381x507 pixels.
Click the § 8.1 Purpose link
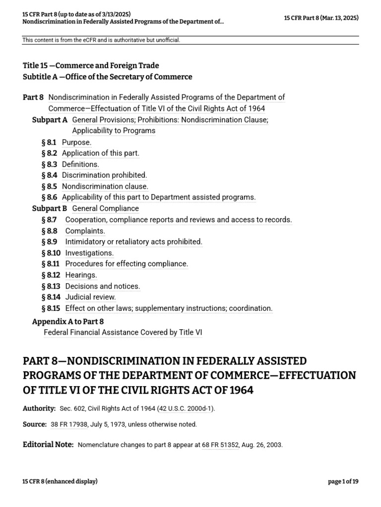tap(76, 142)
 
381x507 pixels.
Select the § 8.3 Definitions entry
tap(80, 164)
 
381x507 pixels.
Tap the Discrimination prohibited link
tap(104, 175)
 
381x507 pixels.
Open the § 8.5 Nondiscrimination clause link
tap(105, 186)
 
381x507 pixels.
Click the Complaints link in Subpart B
tap(85, 231)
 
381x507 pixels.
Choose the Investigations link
tap(89, 253)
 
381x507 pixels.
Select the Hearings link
tap(81, 275)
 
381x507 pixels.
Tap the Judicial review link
tap(90, 297)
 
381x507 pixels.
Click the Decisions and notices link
tap(103, 286)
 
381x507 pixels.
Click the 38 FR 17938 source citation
tap(69, 424)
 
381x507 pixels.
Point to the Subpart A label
tap(50, 120)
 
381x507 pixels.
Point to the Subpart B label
tap(50, 208)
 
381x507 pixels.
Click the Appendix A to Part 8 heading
tap(68, 322)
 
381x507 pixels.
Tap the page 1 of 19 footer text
tap(343, 481)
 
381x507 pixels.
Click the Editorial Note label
tap(48, 445)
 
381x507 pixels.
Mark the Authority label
tap(39, 408)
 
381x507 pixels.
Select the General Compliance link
tap(105, 208)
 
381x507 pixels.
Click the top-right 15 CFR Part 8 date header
tap(321, 18)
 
